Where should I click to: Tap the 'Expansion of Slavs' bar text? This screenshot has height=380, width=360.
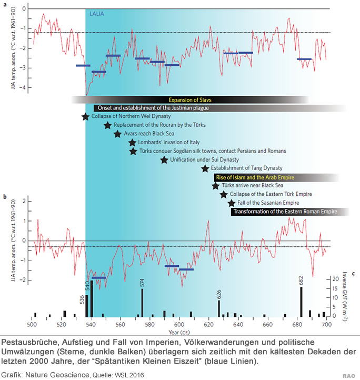tap(190, 99)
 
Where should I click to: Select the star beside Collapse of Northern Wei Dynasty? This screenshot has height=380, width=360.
tap(86, 116)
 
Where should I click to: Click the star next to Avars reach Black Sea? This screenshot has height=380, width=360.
tap(117, 134)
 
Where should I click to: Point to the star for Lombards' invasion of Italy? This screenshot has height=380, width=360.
tap(133, 143)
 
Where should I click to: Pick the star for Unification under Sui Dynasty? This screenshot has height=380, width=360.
tap(164, 159)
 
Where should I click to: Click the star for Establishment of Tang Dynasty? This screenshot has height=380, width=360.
tap(205, 168)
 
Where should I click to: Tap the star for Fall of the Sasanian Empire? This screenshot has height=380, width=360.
tap(231, 203)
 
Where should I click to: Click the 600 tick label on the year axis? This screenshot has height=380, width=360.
tap(179, 324)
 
